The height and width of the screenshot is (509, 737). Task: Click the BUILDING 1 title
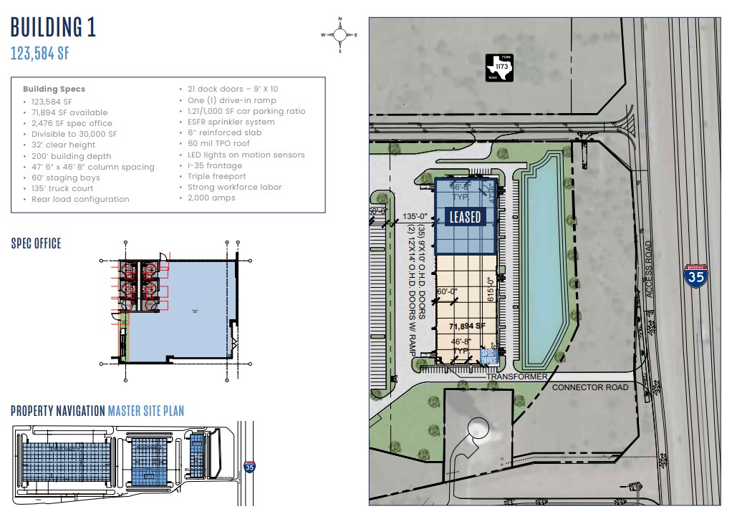pyautogui.click(x=53, y=27)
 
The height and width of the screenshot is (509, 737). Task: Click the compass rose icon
pyautogui.click(x=339, y=34)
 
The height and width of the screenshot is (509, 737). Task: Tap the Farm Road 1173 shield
pyautogui.click(x=501, y=67)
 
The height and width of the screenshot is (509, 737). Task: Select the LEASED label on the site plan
pyautogui.click(x=463, y=216)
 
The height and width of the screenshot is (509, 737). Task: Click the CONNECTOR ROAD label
pyautogui.click(x=590, y=387)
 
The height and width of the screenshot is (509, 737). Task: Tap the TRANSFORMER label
pyautogui.click(x=517, y=377)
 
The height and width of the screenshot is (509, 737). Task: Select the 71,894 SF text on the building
pyautogui.click(x=467, y=326)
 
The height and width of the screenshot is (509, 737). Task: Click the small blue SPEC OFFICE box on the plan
pyautogui.click(x=489, y=356)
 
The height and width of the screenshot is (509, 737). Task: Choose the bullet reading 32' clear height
pyautogui.click(x=64, y=145)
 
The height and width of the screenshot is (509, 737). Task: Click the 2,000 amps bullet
pyautogui.click(x=211, y=198)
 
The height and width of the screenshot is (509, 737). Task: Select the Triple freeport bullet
pyautogui.click(x=216, y=176)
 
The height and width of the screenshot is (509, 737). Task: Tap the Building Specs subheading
pyautogui.click(x=54, y=89)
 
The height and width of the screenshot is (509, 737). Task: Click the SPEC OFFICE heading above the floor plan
pyautogui.click(x=36, y=243)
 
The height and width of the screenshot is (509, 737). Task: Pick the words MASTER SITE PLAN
pyautogui.click(x=145, y=411)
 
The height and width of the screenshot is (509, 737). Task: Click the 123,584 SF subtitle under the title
pyautogui.click(x=39, y=53)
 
